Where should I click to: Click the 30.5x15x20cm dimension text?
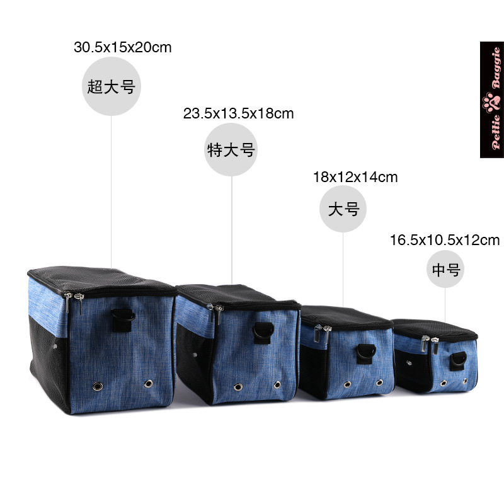coord(123,47)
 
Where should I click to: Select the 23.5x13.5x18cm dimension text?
coord(239,114)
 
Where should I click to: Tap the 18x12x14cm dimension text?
coord(355,177)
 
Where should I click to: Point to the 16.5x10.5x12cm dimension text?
coord(444,240)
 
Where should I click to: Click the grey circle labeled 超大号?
coord(112,87)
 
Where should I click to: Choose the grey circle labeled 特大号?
coord(231,150)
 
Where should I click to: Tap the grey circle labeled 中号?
coord(446,270)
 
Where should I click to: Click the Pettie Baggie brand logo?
coord(491,100)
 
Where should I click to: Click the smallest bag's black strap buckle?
coord(457,360)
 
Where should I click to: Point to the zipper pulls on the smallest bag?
coord(428,345)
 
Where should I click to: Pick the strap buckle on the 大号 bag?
coord(364,353)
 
